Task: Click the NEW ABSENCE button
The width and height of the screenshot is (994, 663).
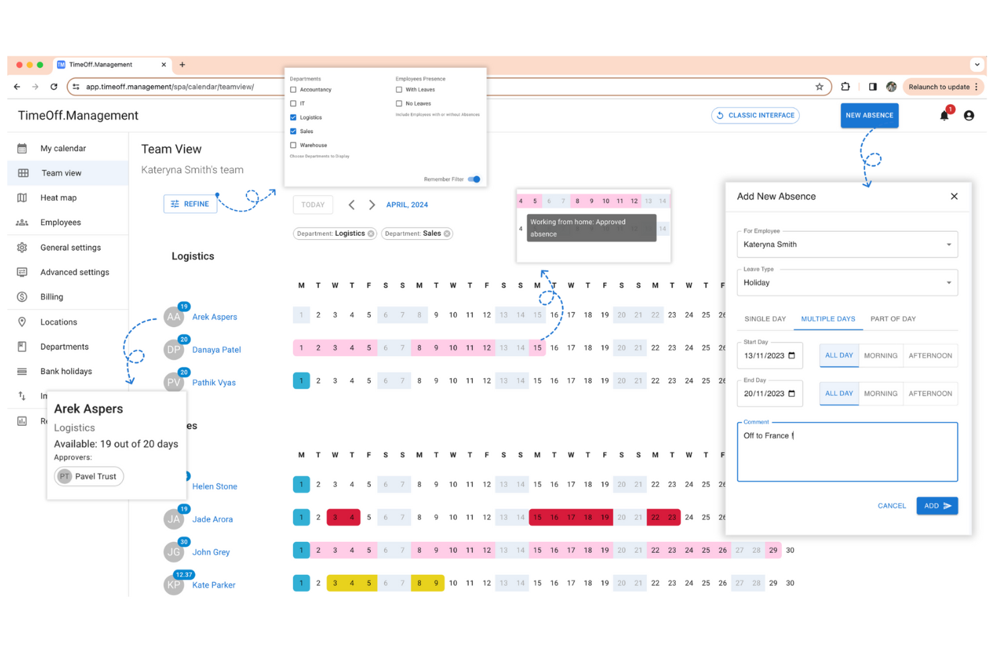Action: (869, 116)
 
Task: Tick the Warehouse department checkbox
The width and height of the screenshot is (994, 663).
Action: (293, 145)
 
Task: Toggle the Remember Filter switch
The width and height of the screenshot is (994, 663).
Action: (474, 179)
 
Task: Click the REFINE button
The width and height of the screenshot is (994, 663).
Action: (190, 204)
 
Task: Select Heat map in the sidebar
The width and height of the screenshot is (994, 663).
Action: (58, 198)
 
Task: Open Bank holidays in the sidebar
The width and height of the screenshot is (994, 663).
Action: (66, 371)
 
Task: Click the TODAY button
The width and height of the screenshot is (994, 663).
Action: (313, 205)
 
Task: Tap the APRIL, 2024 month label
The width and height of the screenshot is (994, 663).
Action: (407, 205)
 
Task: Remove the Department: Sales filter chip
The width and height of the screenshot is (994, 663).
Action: (447, 234)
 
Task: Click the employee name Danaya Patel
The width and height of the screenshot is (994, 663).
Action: (216, 350)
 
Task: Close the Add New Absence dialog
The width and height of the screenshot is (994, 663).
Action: (954, 197)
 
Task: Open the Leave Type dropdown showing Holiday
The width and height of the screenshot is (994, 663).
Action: (847, 283)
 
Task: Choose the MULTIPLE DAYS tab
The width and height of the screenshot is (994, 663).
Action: (827, 319)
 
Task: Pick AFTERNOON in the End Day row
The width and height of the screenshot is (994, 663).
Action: (930, 394)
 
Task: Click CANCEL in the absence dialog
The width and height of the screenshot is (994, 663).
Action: (891, 506)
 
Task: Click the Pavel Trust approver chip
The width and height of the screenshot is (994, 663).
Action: (89, 477)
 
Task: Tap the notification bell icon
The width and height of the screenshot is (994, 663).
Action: (944, 116)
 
